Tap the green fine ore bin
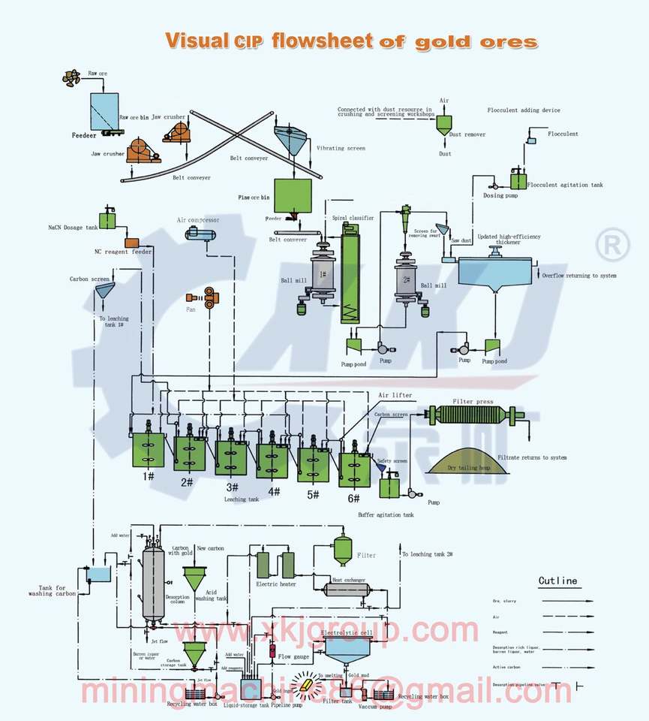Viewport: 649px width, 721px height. click(x=293, y=195)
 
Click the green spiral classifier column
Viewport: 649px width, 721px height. click(x=351, y=279)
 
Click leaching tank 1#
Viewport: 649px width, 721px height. click(x=149, y=449)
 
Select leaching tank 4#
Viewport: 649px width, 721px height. click(x=272, y=460)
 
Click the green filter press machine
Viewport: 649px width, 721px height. click(x=470, y=415)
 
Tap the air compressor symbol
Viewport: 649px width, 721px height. click(x=199, y=234)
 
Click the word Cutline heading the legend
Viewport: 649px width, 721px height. click(x=557, y=580)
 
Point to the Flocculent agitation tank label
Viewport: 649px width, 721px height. click(x=564, y=185)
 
